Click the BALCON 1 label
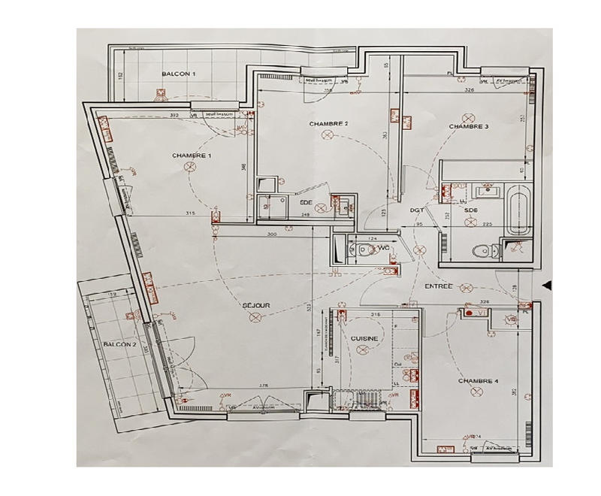(x=179, y=74)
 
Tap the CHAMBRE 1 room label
(x=192, y=156)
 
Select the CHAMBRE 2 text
(x=328, y=123)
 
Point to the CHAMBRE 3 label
(x=469, y=127)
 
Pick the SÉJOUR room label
(x=256, y=305)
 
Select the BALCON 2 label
(x=120, y=344)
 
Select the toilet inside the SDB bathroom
(x=481, y=251)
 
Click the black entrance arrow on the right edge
(x=547, y=284)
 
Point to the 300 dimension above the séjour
(x=272, y=235)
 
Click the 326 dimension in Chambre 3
(x=469, y=90)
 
